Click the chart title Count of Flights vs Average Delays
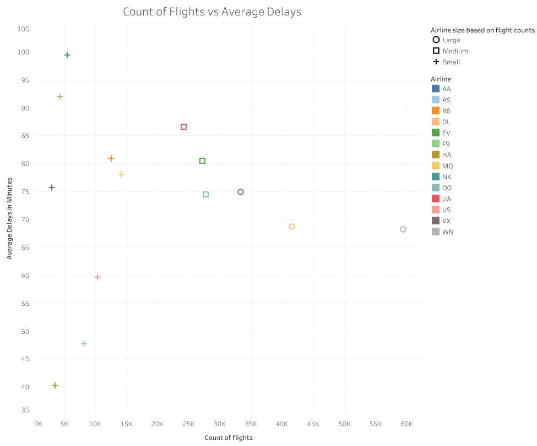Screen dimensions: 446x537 212,12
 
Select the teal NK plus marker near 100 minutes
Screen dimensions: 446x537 67,55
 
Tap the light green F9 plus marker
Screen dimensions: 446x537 60,97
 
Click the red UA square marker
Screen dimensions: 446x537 184,127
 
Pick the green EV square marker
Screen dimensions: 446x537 203,161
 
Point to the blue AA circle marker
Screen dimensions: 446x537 241,192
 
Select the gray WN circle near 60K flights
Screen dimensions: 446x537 403,229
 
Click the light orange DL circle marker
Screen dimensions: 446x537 292,227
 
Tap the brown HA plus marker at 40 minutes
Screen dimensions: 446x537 55,386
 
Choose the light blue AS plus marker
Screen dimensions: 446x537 84,344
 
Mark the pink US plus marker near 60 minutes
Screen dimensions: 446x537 97,277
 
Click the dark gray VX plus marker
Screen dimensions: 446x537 52,188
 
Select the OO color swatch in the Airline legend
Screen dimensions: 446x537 436,188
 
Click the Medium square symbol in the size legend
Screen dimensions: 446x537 436,51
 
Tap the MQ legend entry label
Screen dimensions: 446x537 447,166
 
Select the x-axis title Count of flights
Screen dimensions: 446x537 229,438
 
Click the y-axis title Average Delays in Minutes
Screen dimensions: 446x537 9,218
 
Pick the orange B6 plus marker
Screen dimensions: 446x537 111,158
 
